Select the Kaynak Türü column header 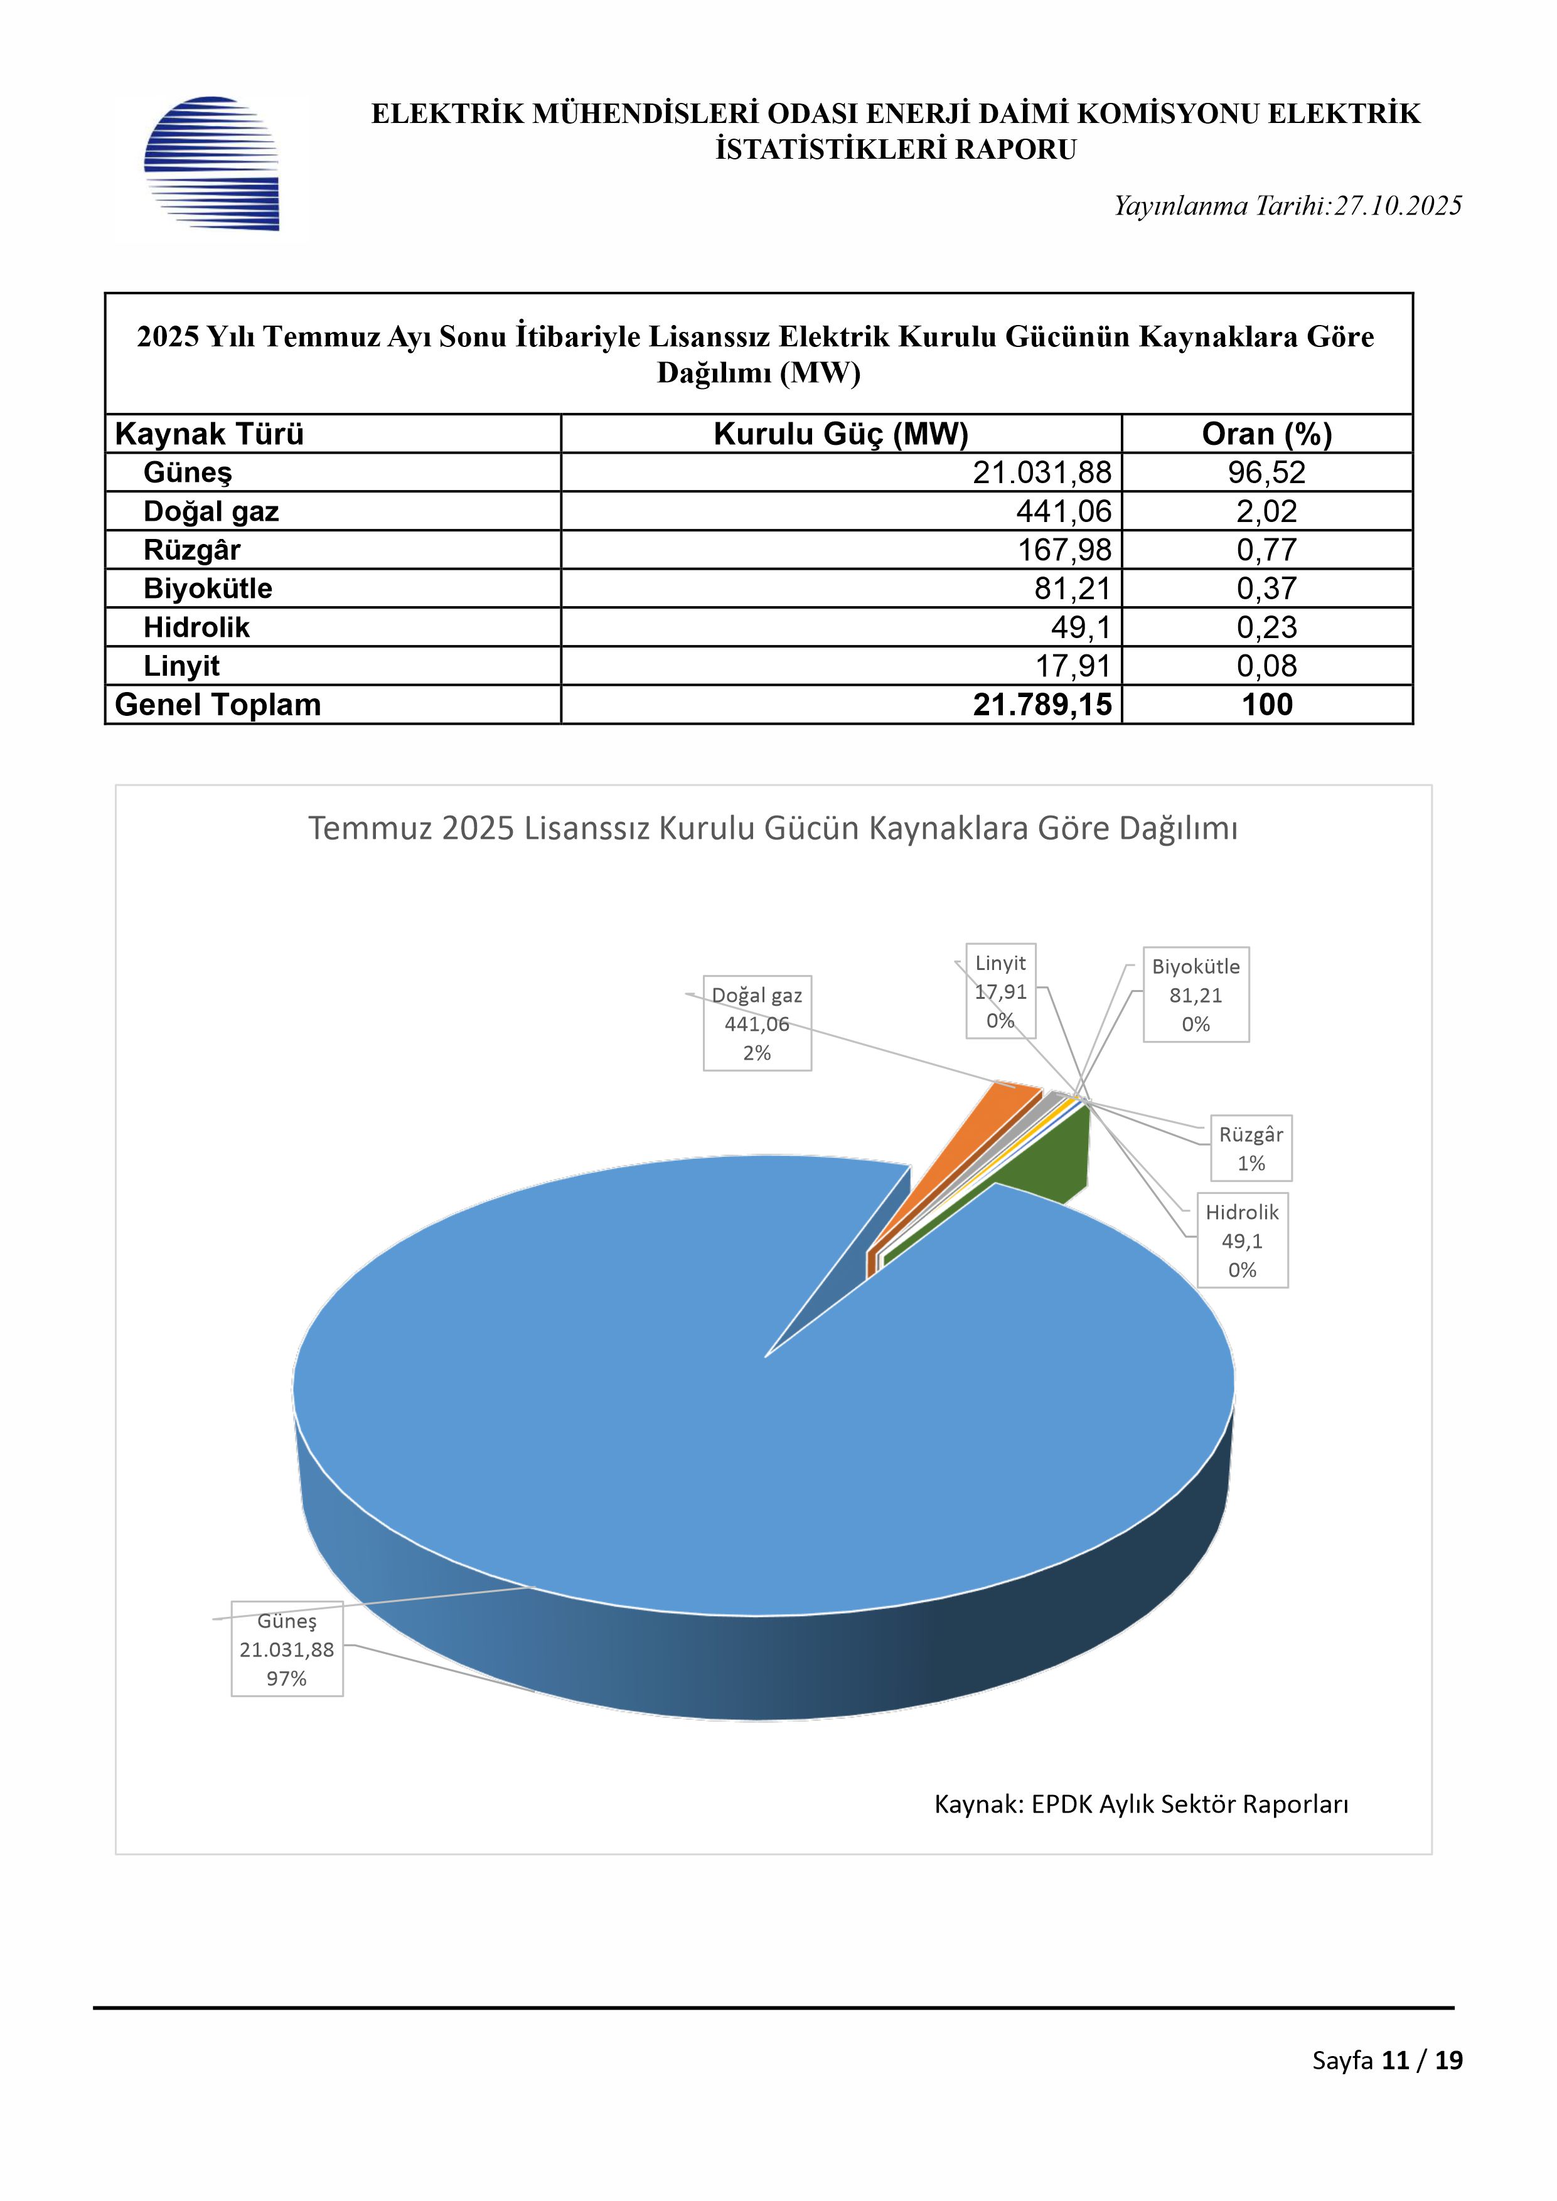point(209,434)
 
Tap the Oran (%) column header point(1266,434)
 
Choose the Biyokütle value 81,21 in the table point(1072,589)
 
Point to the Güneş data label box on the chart point(287,1649)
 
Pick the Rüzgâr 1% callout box point(1250,1148)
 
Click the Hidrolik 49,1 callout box point(1241,1240)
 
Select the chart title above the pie point(773,828)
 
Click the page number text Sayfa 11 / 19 point(1386,2060)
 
